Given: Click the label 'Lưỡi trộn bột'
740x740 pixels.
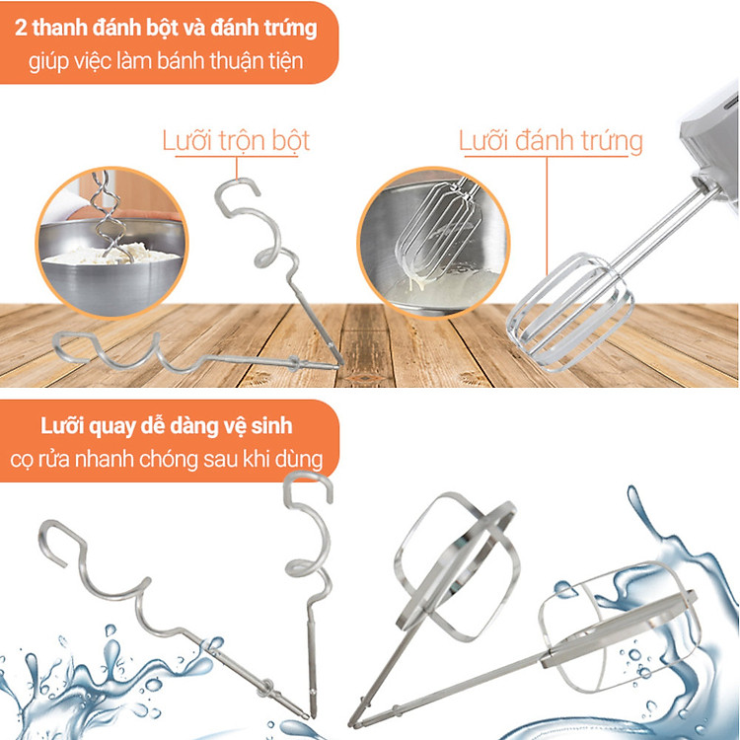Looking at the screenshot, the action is (236, 141).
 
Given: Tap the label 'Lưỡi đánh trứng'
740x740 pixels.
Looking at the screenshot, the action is (551, 141).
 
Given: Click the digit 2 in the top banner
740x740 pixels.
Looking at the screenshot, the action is (21, 28).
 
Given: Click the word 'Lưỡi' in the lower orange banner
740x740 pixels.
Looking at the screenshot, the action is (61, 425).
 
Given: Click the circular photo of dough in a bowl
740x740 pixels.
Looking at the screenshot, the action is (111, 243).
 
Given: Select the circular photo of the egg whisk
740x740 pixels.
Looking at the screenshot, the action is (433, 243).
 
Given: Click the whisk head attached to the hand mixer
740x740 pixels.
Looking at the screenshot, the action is (570, 312).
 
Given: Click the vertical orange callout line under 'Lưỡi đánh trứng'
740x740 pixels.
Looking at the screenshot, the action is (547, 216).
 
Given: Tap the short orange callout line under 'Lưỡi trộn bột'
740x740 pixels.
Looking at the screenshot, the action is (237, 168).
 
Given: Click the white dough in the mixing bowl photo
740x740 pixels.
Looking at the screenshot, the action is (112, 254).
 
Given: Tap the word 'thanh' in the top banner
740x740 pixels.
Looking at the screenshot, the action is (59, 28).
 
